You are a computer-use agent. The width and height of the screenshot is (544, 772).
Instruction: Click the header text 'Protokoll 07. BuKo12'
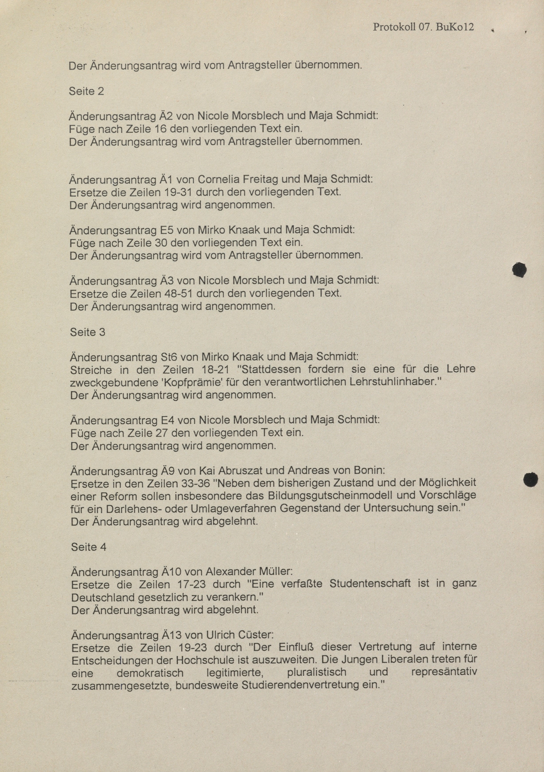pos(423,27)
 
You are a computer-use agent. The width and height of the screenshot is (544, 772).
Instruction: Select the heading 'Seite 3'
pos(87,332)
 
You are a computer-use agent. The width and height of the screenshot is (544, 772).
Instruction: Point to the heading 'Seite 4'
pos(89,547)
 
